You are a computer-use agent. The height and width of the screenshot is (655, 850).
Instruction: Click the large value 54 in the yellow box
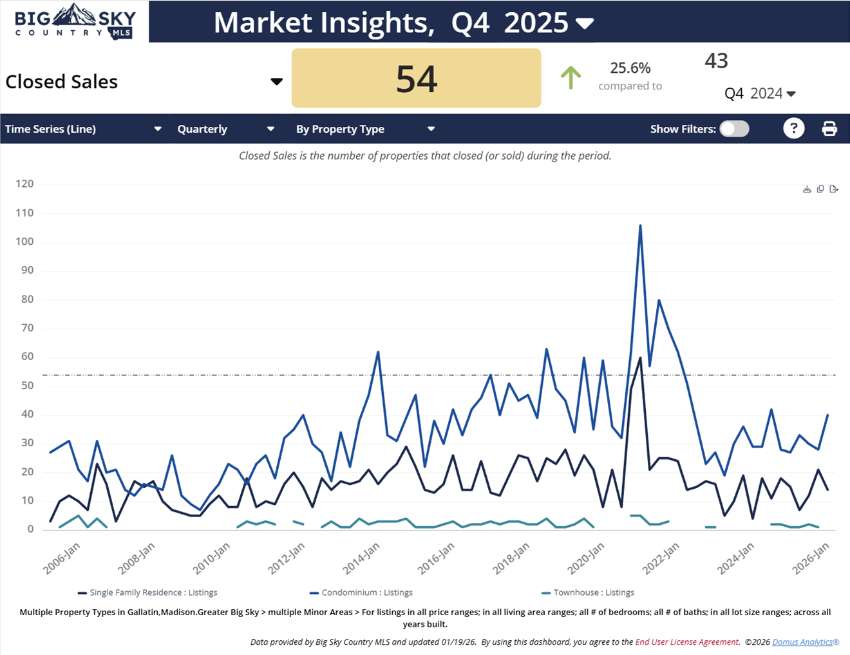tap(416, 79)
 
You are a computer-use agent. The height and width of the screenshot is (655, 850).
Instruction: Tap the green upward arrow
tap(571, 77)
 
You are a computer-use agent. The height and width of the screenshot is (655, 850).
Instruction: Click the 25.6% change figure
tap(630, 68)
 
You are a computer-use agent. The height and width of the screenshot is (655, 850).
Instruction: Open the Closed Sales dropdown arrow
tap(276, 82)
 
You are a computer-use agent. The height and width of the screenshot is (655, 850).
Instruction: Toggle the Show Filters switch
tap(734, 129)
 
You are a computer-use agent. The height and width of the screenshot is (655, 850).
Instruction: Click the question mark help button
tap(793, 129)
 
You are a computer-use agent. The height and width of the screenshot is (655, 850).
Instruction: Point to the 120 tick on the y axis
tap(24, 184)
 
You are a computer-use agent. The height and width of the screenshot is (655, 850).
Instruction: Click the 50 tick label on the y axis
tap(27, 386)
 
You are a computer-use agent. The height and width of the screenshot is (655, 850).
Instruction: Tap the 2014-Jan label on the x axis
tap(361, 558)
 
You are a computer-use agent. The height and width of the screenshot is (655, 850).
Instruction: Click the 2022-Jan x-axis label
tap(661, 558)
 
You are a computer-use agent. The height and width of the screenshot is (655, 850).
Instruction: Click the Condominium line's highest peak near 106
tap(640, 226)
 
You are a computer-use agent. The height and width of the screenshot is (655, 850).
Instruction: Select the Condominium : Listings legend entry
tap(366, 593)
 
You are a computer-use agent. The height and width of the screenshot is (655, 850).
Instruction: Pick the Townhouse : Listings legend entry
tap(593, 593)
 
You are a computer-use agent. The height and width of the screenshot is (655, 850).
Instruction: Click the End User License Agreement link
tap(687, 642)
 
